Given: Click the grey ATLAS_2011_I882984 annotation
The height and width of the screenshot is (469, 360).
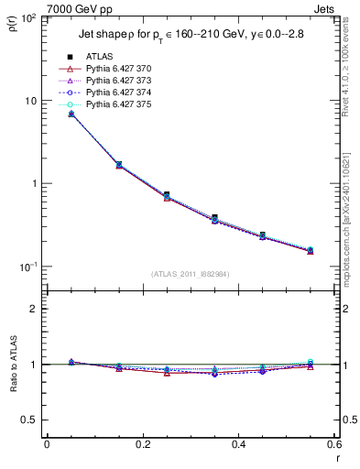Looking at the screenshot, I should (x=191, y=274).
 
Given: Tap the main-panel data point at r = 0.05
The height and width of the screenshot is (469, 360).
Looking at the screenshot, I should (x=71, y=114).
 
